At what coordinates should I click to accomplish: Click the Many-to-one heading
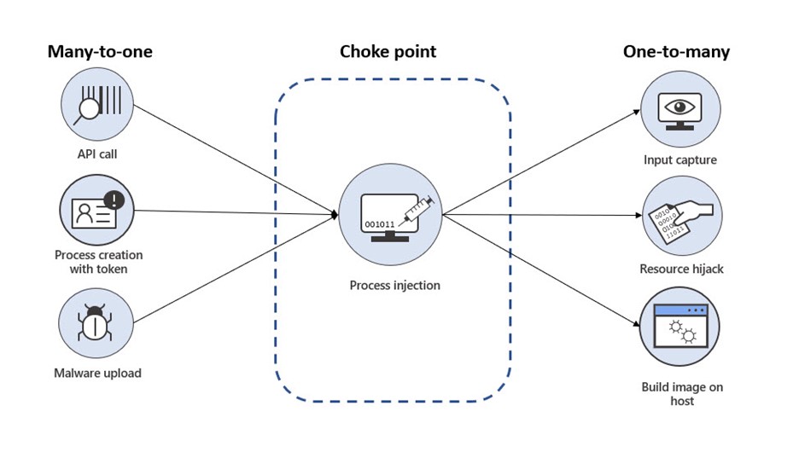coord(99,52)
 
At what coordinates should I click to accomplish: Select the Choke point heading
coord(388,52)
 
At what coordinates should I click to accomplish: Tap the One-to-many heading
coord(676,52)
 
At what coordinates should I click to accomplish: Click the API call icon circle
coord(96,107)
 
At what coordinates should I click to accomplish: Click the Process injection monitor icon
coord(391,214)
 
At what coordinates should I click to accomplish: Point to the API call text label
coord(96,154)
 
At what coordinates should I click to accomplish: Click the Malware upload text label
coord(98,373)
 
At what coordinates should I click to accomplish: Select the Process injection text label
coord(394,285)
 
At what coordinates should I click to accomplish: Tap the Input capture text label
coord(680,160)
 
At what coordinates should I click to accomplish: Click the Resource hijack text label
coord(681,269)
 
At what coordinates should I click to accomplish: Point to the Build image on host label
coord(681,394)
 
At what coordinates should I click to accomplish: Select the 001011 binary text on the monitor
coord(380,224)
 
